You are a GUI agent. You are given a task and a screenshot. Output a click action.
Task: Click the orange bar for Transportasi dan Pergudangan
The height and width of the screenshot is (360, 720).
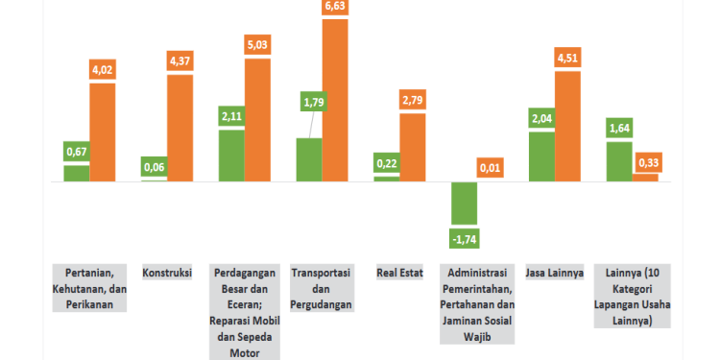coord(335,100)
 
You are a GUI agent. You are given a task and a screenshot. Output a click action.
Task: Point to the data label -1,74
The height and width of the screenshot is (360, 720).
coord(465,236)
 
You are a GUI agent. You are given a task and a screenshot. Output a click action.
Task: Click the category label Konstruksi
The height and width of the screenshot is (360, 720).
coord(167,272)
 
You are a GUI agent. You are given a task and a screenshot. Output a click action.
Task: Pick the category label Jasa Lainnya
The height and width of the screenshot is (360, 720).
coord(555,272)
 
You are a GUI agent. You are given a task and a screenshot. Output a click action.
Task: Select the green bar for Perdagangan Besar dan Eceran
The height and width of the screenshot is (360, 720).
coord(231,156)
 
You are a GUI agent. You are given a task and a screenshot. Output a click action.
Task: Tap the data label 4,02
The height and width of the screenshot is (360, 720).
coord(102,69)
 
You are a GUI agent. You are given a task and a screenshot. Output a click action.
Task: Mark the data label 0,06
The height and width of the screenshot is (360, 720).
coord(154,168)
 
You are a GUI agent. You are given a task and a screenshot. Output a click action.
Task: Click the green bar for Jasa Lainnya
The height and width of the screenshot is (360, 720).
coord(541,156)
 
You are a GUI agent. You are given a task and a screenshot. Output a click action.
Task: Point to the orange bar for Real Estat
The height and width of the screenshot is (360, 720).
coord(413,147)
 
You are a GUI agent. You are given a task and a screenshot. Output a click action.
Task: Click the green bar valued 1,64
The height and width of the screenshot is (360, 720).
coord(619,161)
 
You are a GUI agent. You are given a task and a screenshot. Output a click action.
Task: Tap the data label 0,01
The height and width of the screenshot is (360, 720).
coord(491,169)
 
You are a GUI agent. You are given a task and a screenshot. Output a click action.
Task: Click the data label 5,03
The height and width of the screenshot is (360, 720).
coord(257,44)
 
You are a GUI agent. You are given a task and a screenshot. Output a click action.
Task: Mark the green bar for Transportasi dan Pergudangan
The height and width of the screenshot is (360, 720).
coord(309,159)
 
